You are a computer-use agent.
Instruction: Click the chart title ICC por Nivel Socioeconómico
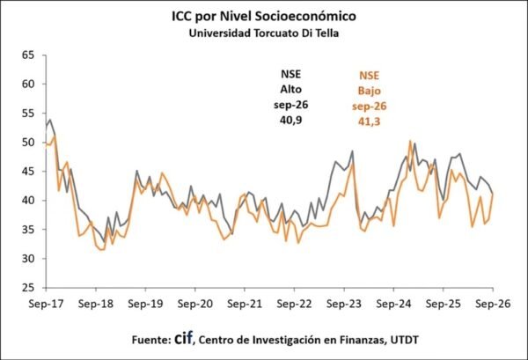(264, 16)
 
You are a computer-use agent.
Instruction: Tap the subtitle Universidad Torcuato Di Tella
(264, 33)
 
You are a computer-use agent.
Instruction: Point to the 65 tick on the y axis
(28, 55)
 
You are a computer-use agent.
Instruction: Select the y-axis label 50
(28, 142)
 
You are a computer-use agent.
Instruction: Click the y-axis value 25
(28, 288)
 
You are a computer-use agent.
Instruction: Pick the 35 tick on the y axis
(28, 230)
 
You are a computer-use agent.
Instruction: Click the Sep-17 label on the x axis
(46, 304)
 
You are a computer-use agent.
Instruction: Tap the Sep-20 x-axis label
(195, 304)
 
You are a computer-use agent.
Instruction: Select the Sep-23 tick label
(344, 304)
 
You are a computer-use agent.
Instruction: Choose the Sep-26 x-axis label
(493, 304)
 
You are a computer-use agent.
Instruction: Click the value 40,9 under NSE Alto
(291, 121)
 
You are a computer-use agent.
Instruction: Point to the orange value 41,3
(370, 121)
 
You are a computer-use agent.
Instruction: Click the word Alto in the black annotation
(291, 89)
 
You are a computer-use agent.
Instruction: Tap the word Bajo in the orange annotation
(370, 91)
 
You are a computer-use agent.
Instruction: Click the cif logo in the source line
(184, 338)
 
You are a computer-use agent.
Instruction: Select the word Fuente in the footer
(151, 340)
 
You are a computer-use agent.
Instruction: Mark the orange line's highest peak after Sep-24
(410, 141)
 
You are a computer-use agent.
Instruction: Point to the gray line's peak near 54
(50, 119)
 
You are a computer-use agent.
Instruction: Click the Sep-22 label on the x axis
(294, 304)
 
